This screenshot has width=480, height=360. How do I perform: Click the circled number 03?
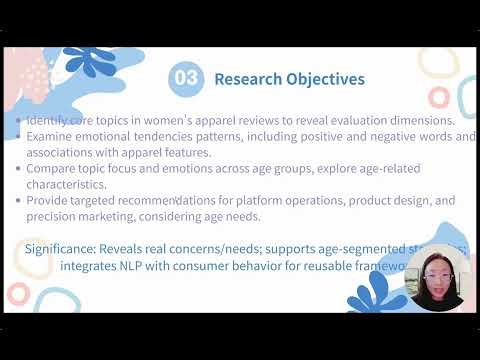pyautogui.click(x=186, y=78)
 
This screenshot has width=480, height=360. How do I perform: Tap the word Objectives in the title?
pyautogui.click(x=328, y=78)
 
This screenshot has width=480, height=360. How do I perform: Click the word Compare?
pyautogui.click(x=56, y=169)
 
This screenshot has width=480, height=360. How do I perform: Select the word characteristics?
pyautogui.click(x=71, y=184)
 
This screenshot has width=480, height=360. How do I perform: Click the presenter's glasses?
pyautogui.click(x=436, y=274)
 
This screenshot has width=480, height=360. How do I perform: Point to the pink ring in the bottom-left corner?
pyautogui.click(x=17, y=293)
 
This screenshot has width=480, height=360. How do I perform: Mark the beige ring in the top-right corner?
pyautogui.click(x=437, y=62)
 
